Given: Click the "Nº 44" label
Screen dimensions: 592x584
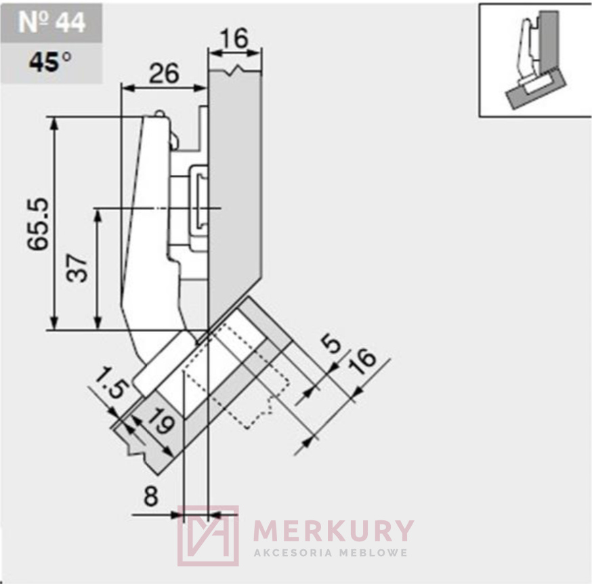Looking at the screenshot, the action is pos(51,22).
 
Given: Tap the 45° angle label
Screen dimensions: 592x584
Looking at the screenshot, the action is pos(50,62).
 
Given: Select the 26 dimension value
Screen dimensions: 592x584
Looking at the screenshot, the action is pos(164,74).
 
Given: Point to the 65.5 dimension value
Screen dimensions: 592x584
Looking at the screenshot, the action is pos(38,224).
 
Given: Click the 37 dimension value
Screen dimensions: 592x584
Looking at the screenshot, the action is pos(77,268).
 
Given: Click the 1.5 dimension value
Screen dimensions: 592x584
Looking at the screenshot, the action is pos(112,382).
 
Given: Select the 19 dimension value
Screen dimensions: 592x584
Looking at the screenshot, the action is pos(161,421).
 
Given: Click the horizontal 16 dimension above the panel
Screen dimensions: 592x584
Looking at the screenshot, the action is pos(234,38).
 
